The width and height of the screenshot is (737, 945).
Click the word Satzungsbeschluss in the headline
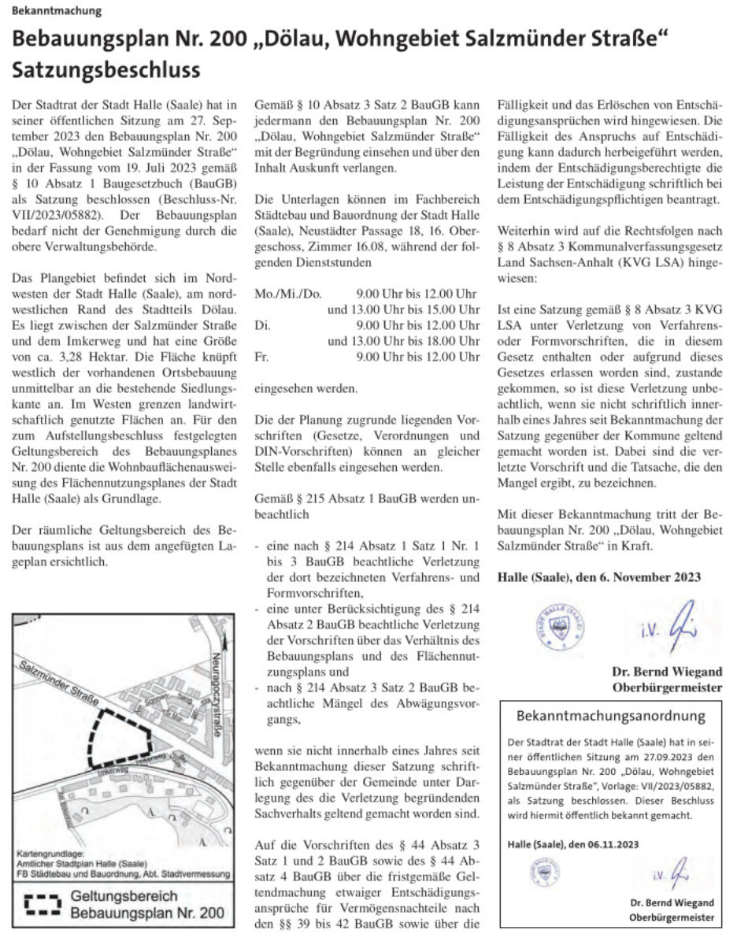(106, 69)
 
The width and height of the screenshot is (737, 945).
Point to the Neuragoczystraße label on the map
(218, 696)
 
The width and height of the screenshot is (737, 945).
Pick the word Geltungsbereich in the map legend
(124, 896)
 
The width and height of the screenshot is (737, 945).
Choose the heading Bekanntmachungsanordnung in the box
(610, 717)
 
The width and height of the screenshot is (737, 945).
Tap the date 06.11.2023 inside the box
(610, 843)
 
